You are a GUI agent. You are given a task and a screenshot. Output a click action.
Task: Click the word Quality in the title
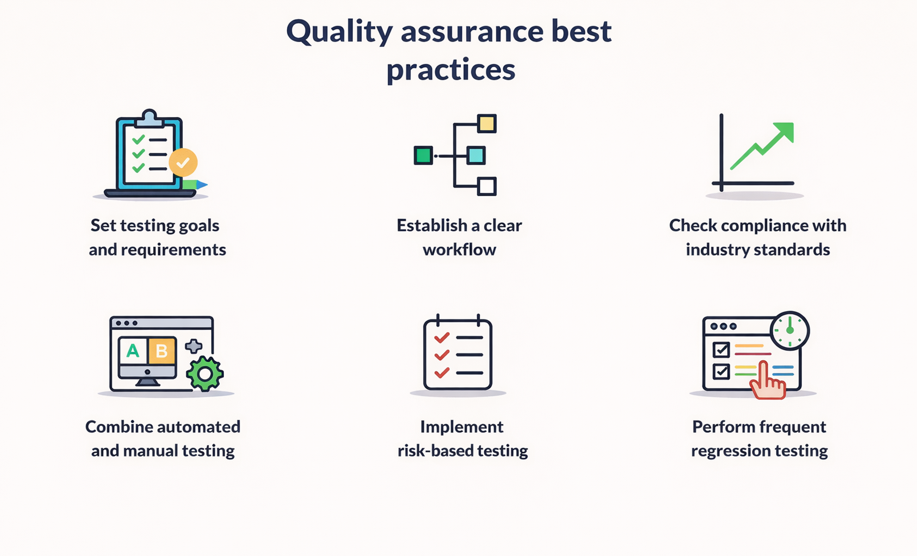(x=339, y=32)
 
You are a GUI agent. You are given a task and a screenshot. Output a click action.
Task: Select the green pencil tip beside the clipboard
(x=202, y=184)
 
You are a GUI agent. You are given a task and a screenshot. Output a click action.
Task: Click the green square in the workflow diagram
(x=423, y=155)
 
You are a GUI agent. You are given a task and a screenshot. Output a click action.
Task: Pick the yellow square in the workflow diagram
(x=487, y=123)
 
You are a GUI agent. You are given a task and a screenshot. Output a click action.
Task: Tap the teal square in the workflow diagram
(x=476, y=155)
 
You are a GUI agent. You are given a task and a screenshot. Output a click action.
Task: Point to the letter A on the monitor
(x=133, y=351)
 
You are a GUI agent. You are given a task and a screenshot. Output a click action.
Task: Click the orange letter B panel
(x=161, y=351)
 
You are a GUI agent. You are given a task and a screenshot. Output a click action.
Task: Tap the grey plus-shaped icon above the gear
(x=193, y=346)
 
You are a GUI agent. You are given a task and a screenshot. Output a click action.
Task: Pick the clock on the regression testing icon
(x=790, y=331)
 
